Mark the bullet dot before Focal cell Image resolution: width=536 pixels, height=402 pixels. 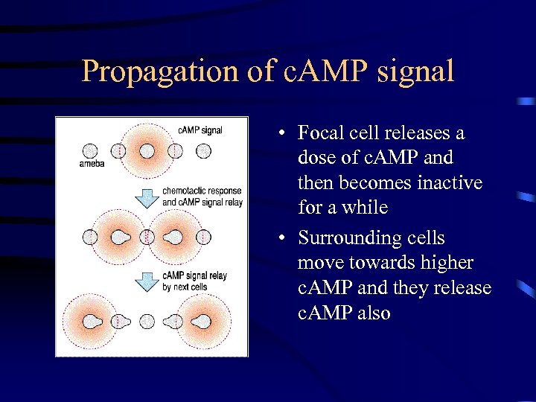[x=284, y=135]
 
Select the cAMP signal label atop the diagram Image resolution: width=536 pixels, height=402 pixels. [x=200, y=130]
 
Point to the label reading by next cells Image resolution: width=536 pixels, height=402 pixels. [x=184, y=287]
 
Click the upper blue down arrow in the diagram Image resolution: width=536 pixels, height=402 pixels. [x=148, y=197]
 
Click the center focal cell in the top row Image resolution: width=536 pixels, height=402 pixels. [x=147, y=151]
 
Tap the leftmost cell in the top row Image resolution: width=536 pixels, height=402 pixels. [x=90, y=151]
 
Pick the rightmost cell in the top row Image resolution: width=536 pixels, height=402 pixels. [x=203, y=151]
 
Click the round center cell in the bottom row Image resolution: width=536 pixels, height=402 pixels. [x=147, y=322]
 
